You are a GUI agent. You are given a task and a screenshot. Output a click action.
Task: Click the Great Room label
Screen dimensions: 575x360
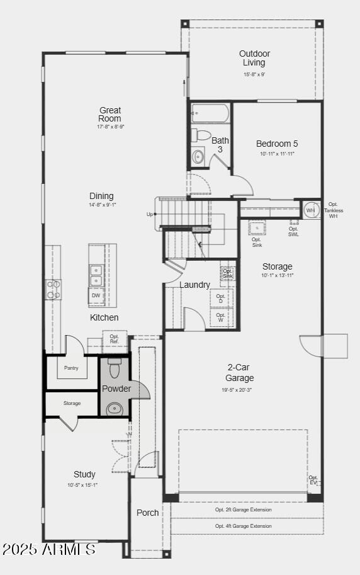click(x=110, y=115)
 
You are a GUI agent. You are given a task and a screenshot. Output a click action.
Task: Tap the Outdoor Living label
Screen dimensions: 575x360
click(x=254, y=58)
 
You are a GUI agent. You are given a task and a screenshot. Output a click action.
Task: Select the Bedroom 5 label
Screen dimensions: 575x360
click(x=277, y=144)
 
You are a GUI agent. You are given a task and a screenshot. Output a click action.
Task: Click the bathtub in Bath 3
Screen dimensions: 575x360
click(x=210, y=114)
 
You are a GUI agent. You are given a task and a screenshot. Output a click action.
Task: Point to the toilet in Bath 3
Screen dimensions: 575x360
click(x=202, y=135)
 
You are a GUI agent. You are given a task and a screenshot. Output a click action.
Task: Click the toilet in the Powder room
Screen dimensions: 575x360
click(x=114, y=368)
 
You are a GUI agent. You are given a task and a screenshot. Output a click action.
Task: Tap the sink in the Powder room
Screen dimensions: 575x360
click(x=115, y=409)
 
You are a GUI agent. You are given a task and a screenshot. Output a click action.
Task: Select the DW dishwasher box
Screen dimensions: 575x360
click(x=96, y=295)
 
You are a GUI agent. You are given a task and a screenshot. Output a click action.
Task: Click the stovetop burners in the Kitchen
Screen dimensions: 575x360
click(x=53, y=288)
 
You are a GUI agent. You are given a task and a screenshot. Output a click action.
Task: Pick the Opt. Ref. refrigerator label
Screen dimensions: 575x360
click(x=115, y=339)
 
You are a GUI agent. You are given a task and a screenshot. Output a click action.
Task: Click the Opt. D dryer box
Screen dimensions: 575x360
click(x=221, y=299)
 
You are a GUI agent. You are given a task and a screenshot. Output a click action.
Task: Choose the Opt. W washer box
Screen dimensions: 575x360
click(x=221, y=317)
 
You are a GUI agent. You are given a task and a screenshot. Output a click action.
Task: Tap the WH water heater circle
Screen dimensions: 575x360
click(x=310, y=210)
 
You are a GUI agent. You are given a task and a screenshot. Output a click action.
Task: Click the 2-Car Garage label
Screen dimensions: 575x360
click(x=240, y=373)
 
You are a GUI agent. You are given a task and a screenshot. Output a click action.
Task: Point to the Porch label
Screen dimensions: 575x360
click(x=148, y=513)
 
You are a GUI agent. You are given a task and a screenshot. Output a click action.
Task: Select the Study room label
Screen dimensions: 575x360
click(x=84, y=474)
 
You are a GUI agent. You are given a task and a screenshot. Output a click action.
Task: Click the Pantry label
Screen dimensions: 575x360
click(x=71, y=368)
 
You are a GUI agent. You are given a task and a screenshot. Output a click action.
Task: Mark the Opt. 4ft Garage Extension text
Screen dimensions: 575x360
click(x=244, y=526)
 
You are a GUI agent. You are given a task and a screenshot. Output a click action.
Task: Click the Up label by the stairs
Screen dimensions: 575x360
click(x=149, y=214)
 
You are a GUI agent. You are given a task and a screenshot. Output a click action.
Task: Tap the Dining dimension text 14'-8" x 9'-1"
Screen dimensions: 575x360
click(x=101, y=205)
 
